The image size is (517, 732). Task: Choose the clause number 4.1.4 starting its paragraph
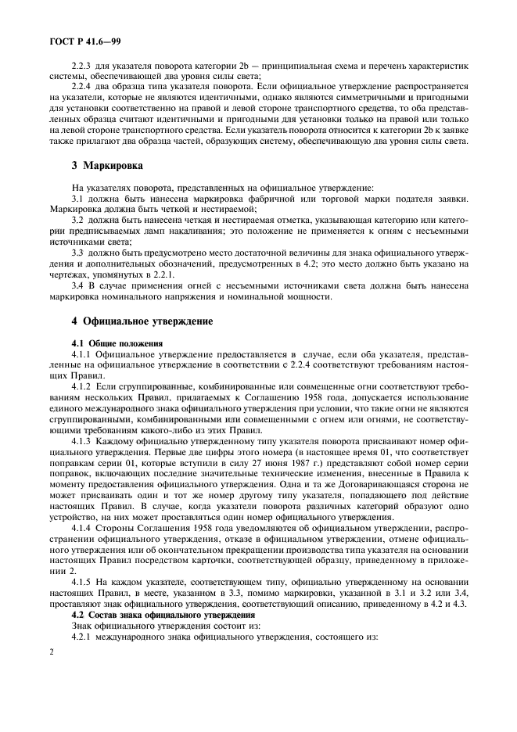81,529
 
